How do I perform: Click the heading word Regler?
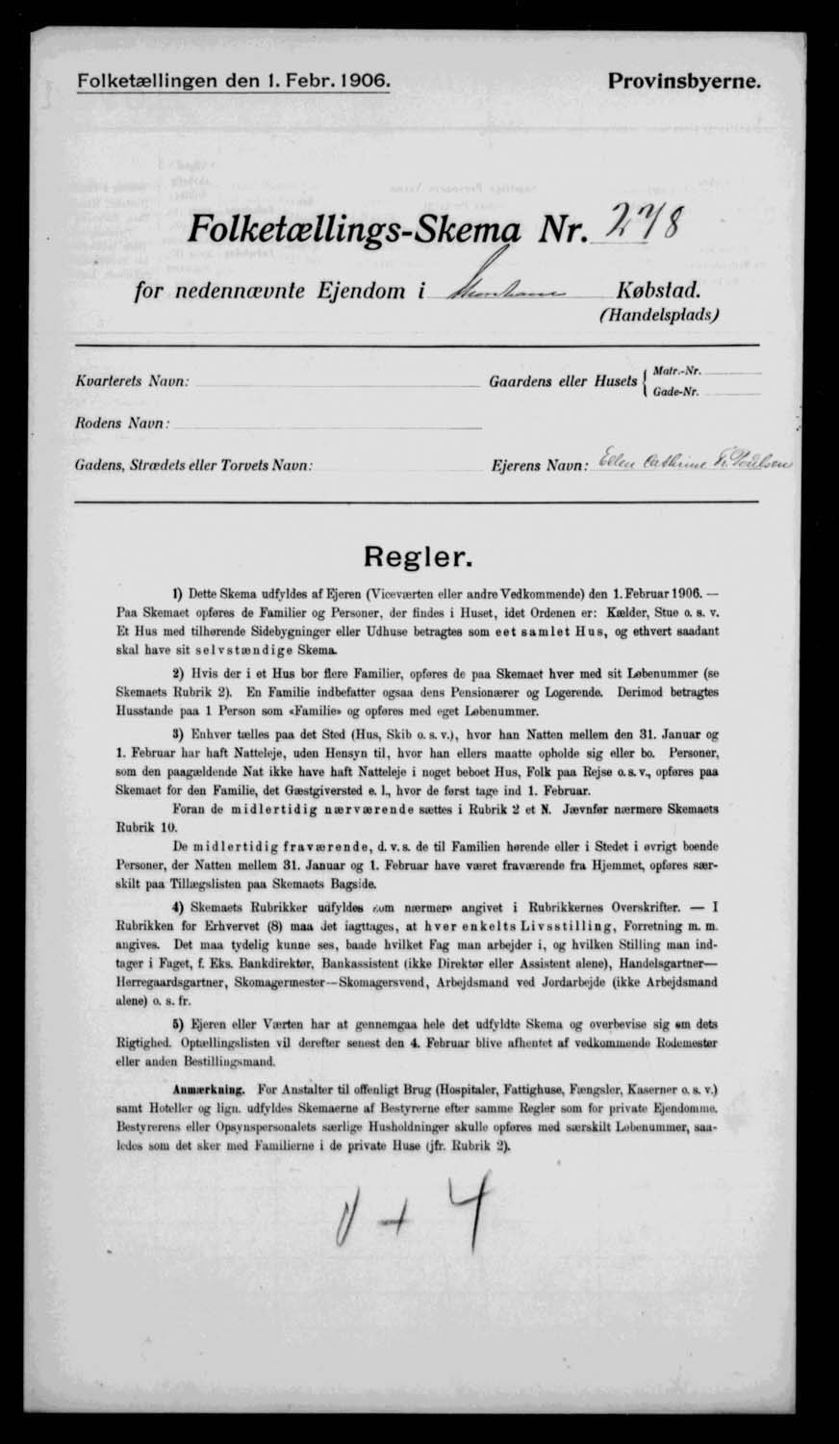pyautogui.click(x=418, y=556)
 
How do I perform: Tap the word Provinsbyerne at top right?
pyautogui.click(x=685, y=83)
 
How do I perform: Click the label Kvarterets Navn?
pyautogui.click(x=131, y=381)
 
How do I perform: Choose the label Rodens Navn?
pyautogui.click(x=122, y=423)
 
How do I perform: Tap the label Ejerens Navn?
pyautogui.click(x=540, y=466)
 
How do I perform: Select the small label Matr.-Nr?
pyautogui.click(x=676, y=371)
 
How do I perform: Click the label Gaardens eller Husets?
pyautogui.click(x=564, y=382)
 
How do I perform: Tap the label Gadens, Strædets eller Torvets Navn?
pyautogui.click(x=192, y=466)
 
